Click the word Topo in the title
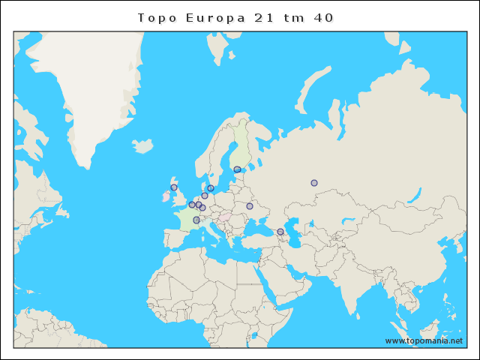(x=155, y=17)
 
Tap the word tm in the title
(x=293, y=17)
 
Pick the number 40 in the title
(x=323, y=17)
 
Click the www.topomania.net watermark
(x=424, y=340)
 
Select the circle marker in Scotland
(x=174, y=187)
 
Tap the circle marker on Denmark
(x=211, y=188)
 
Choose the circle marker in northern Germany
(x=205, y=196)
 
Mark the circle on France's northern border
(x=192, y=205)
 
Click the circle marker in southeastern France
(x=196, y=220)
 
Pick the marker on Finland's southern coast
(x=237, y=169)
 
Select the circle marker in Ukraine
(x=250, y=206)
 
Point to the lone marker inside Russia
(x=314, y=183)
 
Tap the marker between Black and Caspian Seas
(x=280, y=232)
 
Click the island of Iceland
(x=142, y=145)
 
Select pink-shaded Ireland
(x=166, y=196)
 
